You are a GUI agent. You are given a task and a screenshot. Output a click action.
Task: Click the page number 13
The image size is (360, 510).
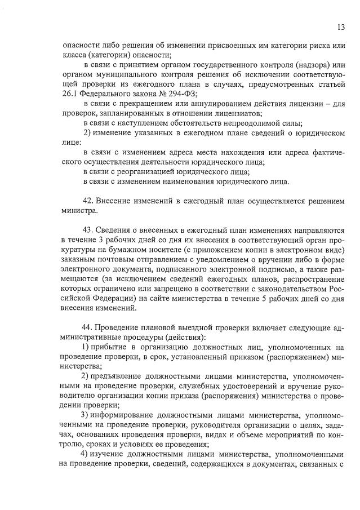pos(341,26)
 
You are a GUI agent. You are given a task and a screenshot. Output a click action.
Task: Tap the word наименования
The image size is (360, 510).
pos(194,181)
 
